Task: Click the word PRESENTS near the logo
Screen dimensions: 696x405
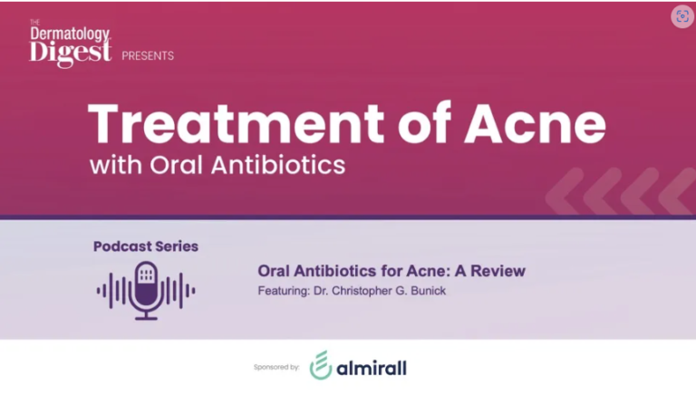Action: [148, 56]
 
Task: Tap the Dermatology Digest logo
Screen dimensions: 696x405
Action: [71, 43]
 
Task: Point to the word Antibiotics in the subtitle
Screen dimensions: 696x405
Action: [278, 165]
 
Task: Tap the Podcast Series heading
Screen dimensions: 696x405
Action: [146, 246]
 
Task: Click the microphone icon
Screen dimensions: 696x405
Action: [146, 290]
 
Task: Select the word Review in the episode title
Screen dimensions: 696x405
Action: [498, 271]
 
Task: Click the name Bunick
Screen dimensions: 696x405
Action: [429, 291]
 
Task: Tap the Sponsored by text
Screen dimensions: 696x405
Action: [276, 367]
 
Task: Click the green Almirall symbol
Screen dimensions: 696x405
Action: [321, 365]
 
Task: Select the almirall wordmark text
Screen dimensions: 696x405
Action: [372, 368]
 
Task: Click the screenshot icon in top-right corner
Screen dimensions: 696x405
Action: [682, 16]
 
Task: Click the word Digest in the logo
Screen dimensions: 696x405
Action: [71, 53]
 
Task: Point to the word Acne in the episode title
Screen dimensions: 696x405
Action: [427, 271]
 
